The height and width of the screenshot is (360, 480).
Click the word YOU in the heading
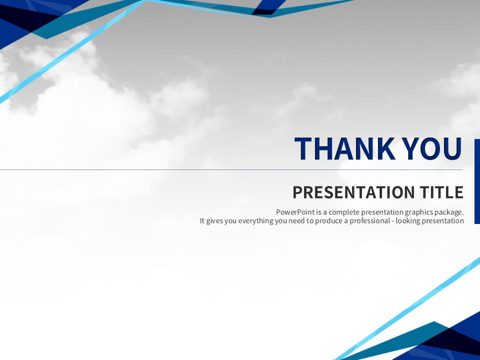[x=432, y=149]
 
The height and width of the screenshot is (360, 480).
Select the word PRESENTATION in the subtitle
[x=353, y=192]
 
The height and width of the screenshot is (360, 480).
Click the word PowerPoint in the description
[x=295, y=212]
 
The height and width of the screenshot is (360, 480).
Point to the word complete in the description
[x=344, y=212]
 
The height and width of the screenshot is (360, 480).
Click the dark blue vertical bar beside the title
[x=477, y=181]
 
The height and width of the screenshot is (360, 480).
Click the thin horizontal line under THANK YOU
[x=231, y=169]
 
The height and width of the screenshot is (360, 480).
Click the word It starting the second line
[x=202, y=220]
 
